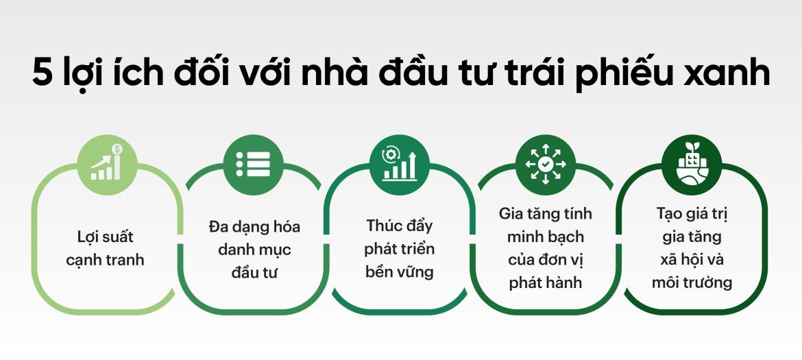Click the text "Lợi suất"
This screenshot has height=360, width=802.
click(x=106, y=237)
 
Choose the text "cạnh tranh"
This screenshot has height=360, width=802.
click(x=106, y=261)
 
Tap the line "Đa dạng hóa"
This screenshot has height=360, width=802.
click(x=254, y=226)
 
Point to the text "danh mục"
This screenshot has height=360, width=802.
click(x=254, y=250)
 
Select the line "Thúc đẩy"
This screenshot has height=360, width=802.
click(x=400, y=226)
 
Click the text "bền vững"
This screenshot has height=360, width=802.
click(x=400, y=272)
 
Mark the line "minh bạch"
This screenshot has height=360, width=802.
click(x=546, y=237)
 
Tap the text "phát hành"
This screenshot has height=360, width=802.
click(x=546, y=283)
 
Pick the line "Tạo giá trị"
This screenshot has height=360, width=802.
click(x=692, y=213)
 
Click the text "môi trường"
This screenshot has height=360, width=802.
click(x=692, y=283)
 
